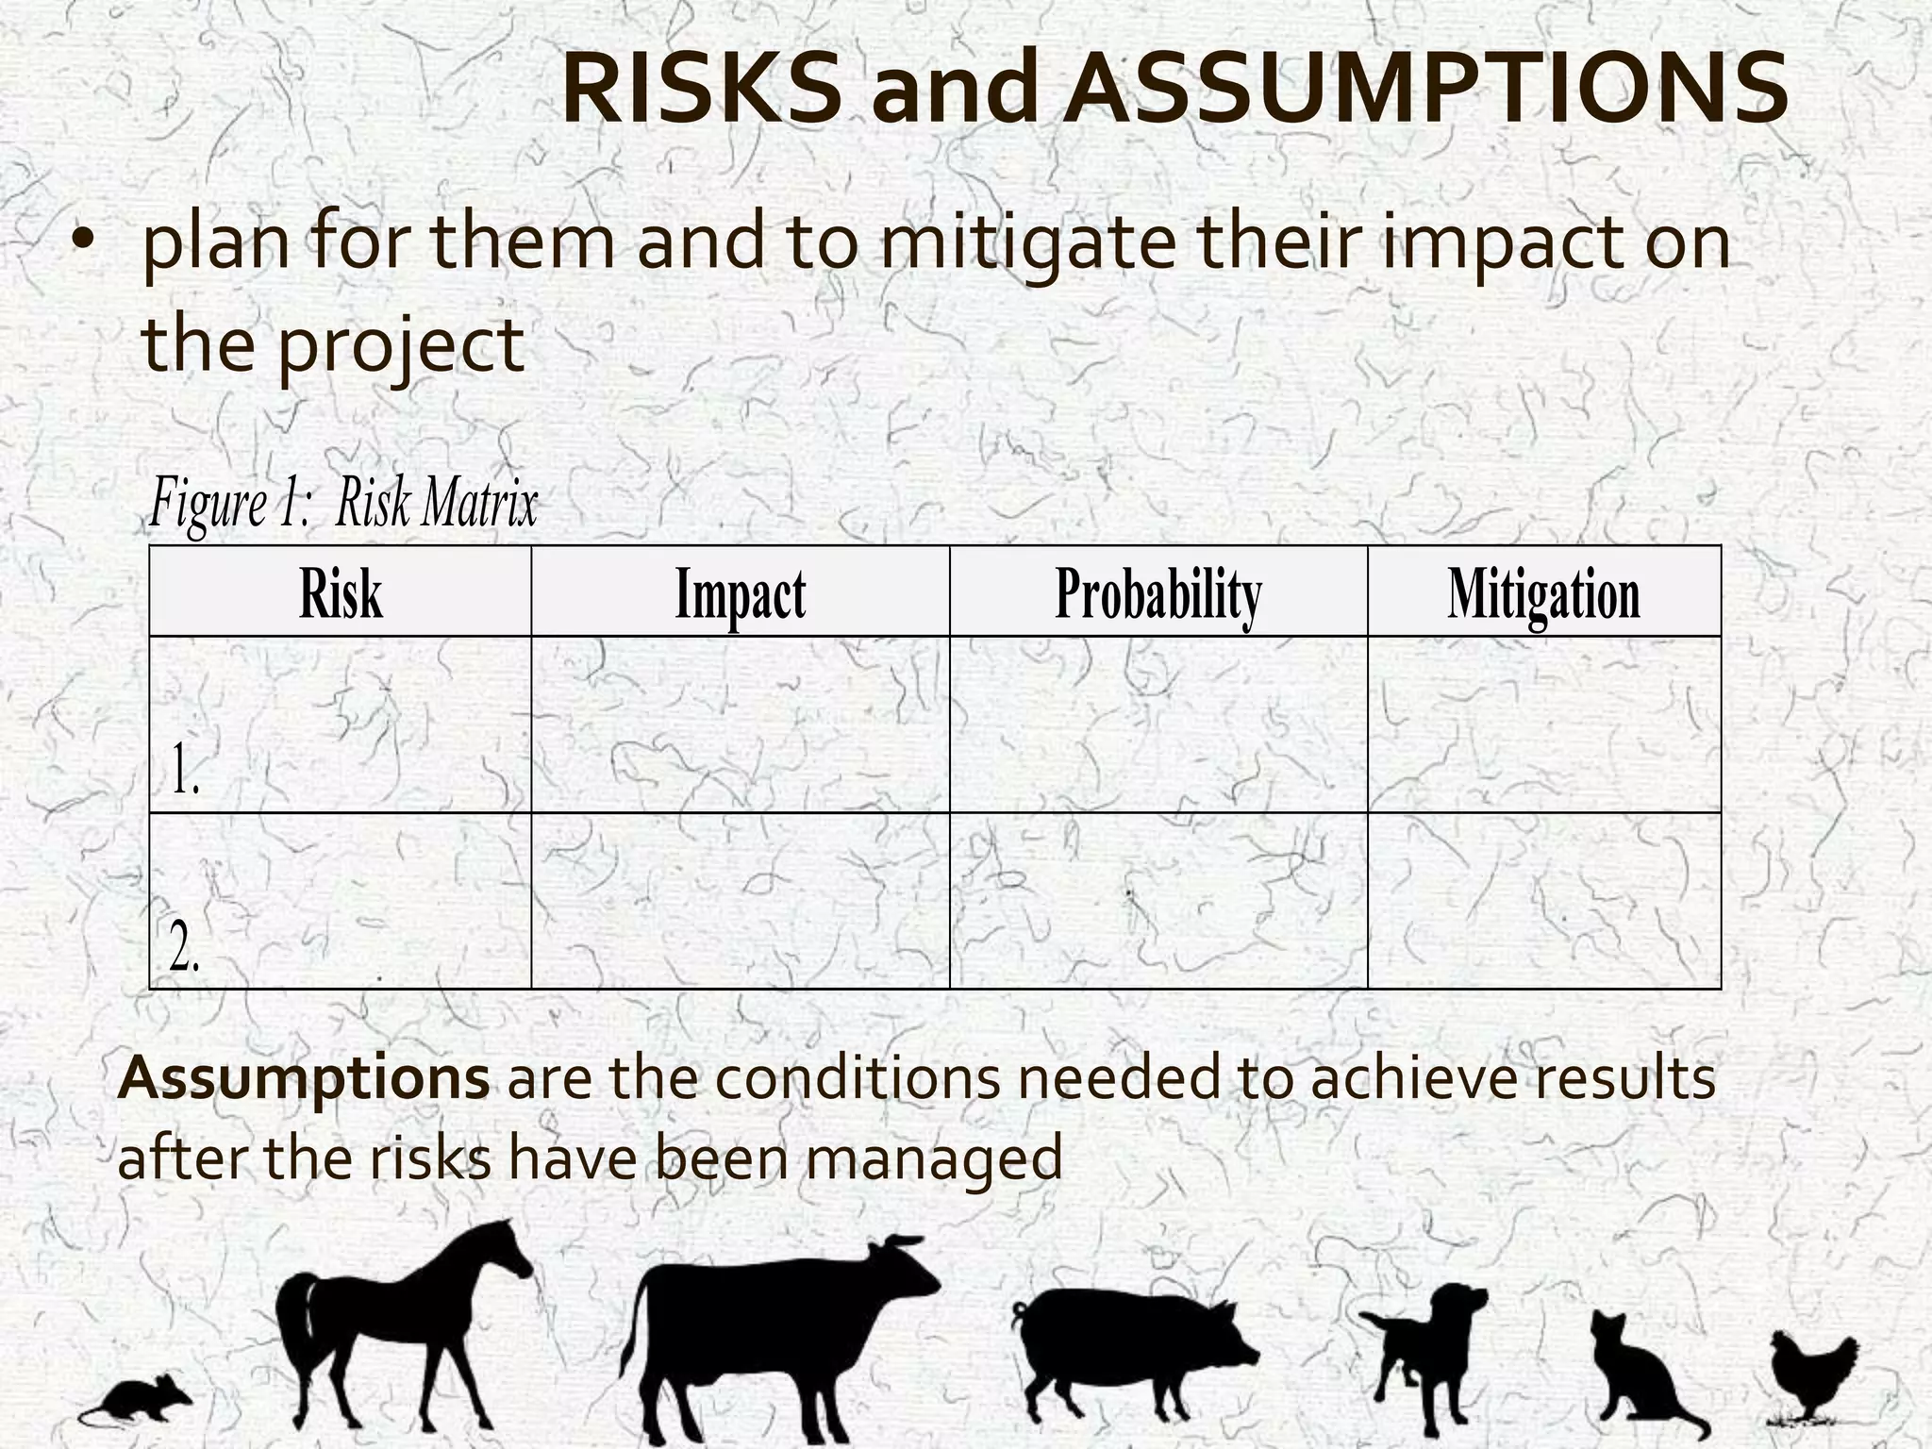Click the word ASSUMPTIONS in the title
tap(1429, 90)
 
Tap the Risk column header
tap(341, 593)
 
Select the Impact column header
tap(741, 593)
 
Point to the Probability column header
tap(1158, 593)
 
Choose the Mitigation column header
tap(1544, 593)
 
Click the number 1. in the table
tap(185, 770)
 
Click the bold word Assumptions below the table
tap(304, 1078)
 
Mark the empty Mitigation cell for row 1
tap(1544, 724)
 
